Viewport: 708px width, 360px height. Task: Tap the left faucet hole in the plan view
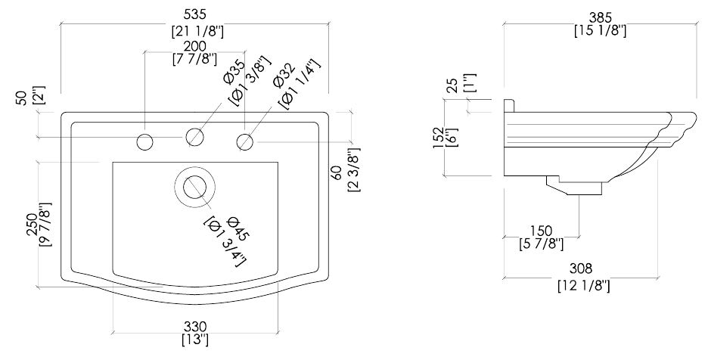point(145,141)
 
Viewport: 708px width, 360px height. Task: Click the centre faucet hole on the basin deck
point(195,137)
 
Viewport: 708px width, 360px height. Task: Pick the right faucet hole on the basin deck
point(245,141)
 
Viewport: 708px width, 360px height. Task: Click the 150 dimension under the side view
point(541,230)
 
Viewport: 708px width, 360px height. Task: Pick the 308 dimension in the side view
point(582,268)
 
